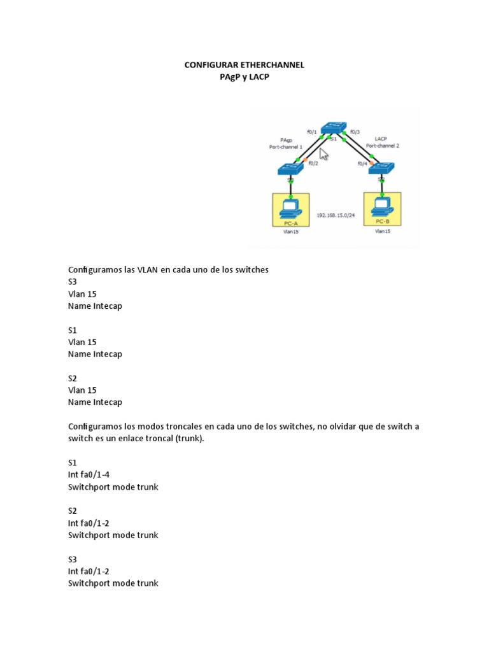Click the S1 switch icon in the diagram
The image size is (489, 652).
click(x=333, y=128)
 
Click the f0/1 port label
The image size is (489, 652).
click(x=312, y=132)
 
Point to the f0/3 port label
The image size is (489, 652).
click(x=355, y=132)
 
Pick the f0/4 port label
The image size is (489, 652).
click(x=362, y=163)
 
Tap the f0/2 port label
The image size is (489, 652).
click(x=313, y=163)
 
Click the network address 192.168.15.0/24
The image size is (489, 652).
click(x=336, y=215)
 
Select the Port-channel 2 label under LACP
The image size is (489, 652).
click(x=383, y=146)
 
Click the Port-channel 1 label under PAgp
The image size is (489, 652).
click(x=286, y=146)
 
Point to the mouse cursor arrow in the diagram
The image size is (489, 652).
click(x=324, y=153)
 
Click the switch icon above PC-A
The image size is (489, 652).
click(x=290, y=169)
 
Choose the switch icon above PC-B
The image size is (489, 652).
click(x=382, y=168)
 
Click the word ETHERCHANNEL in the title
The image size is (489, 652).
click(x=267, y=65)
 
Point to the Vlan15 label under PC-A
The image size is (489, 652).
click(x=290, y=232)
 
